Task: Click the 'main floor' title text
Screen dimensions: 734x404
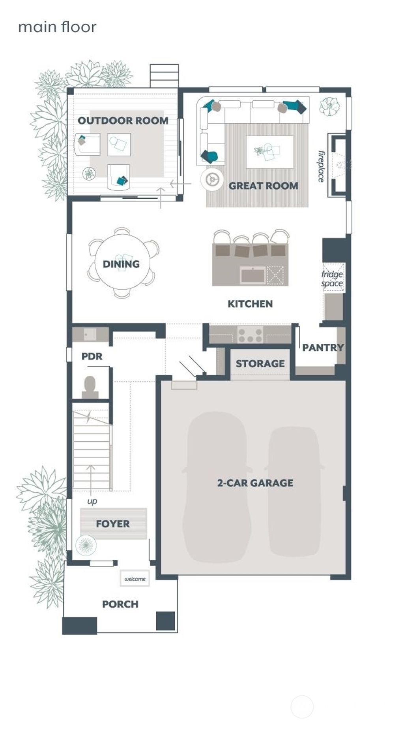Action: [x=57, y=27]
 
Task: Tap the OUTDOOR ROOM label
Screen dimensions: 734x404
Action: [x=123, y=120]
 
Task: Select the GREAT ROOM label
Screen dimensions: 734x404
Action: [x=263, y=186]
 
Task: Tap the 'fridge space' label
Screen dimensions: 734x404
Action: [x=332, y=279]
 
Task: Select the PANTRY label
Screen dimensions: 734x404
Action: [x=322, y=348]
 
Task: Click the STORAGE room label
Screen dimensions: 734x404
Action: [x=260, y=363]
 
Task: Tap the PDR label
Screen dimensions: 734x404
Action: [x=92, y=356]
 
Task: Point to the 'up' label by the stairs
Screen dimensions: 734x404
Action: [x=92, y=501]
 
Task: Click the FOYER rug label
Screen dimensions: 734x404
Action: [x=113, y=524]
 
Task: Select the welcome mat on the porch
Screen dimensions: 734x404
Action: [x=135, y=579]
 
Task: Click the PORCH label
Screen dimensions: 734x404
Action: [x=120, y=604]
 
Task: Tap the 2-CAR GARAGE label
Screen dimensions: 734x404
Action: [x=255, y=483]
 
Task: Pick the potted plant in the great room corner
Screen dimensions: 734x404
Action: [x=329, y=106]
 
